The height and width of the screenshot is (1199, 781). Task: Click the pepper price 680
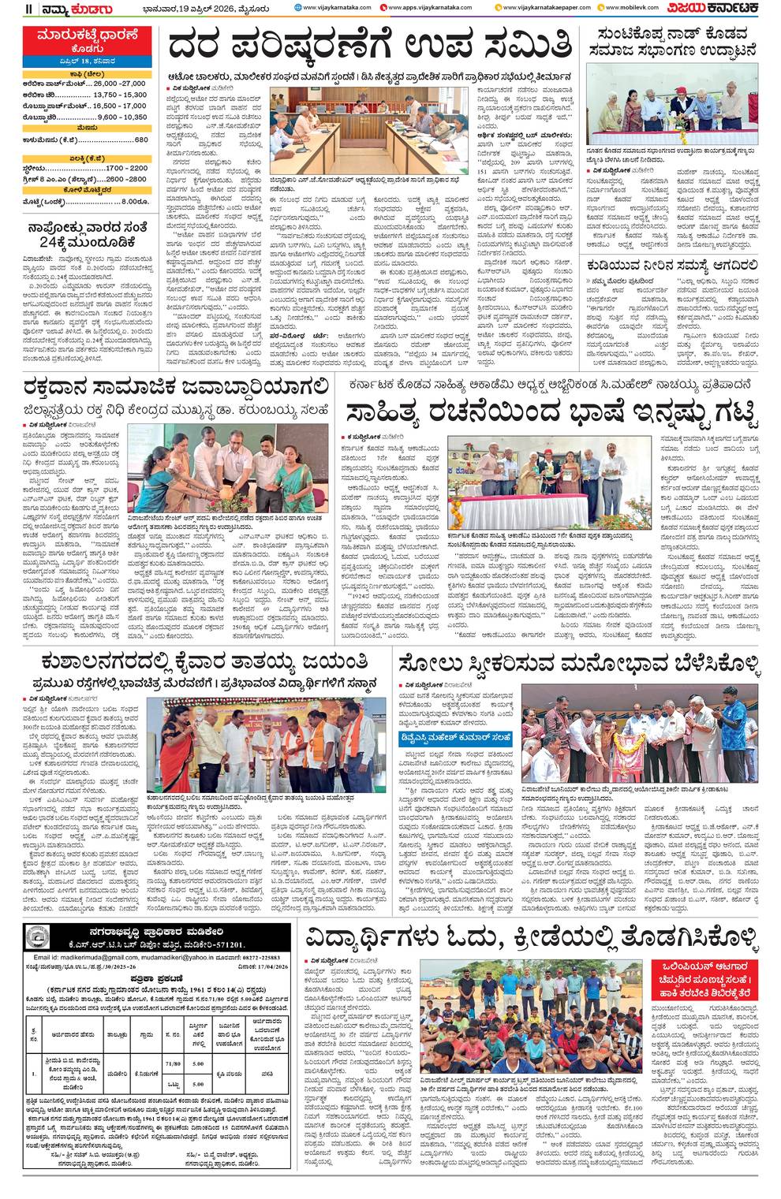click(x=141, y=140)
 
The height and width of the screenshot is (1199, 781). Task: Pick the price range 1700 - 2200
click(x=126, y=168)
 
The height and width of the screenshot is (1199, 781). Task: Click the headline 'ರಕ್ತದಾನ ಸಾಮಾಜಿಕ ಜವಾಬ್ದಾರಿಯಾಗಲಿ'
click(x=175, y=387)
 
